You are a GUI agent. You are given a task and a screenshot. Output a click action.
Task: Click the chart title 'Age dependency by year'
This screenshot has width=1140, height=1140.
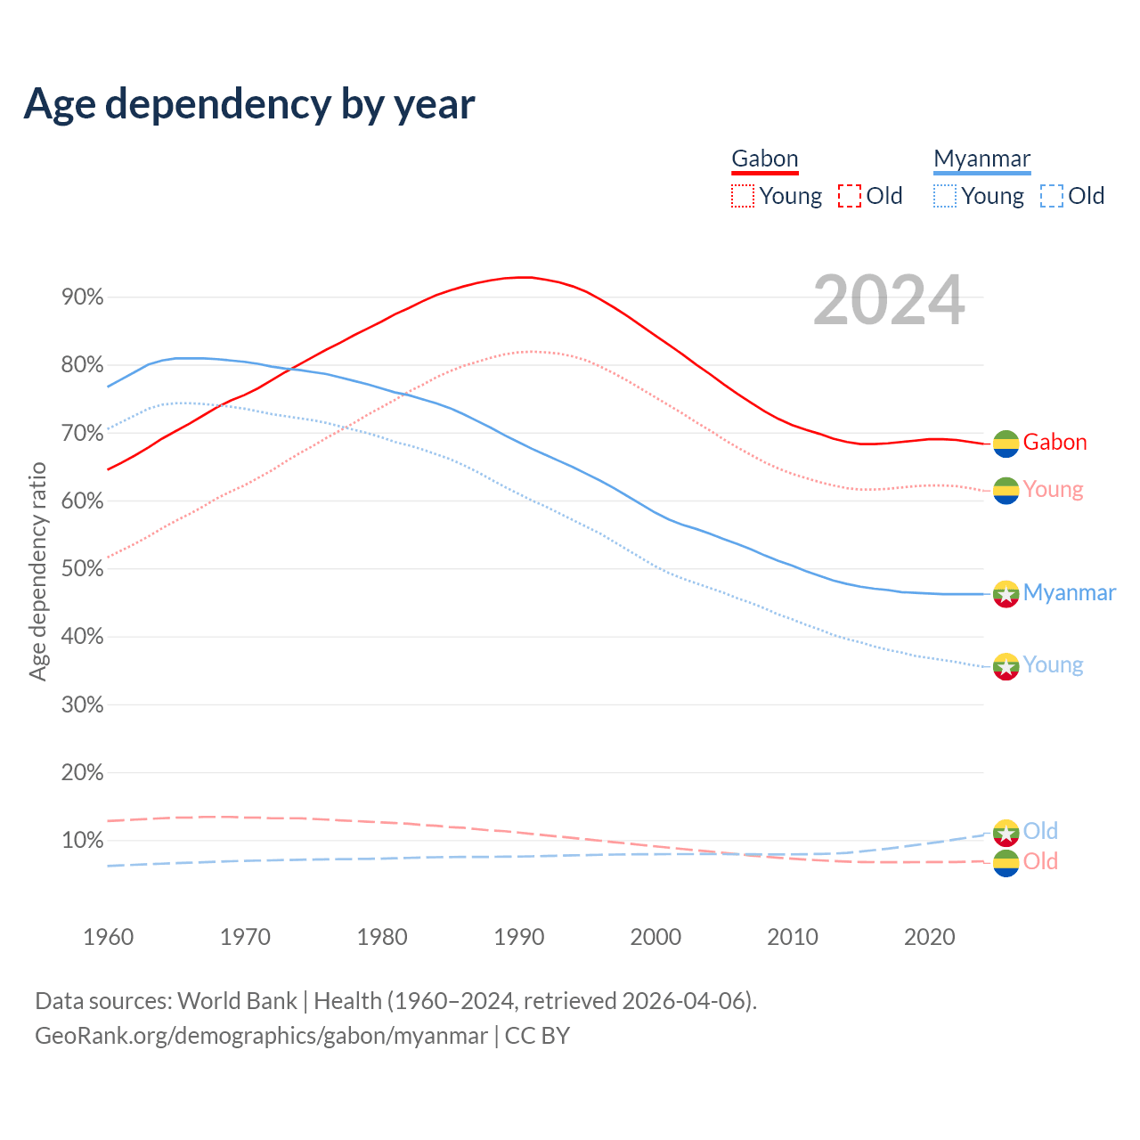(249, 103)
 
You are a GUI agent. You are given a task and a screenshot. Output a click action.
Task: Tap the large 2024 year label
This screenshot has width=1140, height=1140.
(889, 301)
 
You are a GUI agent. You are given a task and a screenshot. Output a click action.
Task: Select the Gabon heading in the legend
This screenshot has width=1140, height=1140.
(764, 159)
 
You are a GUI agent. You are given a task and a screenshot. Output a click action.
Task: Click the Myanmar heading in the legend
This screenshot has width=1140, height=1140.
(981, 159)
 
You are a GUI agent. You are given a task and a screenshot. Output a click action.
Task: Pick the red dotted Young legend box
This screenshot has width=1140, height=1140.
(743, 196)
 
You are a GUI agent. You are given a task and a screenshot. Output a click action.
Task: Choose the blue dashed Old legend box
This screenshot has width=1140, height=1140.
(1052, 196)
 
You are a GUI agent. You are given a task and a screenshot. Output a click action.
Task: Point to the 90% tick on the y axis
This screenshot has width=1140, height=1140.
(83, 297)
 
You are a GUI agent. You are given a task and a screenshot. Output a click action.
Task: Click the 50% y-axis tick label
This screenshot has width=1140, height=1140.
(83, 569)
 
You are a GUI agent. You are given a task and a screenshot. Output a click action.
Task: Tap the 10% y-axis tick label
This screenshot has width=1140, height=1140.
(83, 841)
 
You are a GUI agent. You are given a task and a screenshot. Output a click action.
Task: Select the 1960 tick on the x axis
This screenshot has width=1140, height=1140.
(108, 937)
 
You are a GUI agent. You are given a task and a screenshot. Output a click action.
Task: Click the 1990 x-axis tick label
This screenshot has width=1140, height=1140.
(519, 937)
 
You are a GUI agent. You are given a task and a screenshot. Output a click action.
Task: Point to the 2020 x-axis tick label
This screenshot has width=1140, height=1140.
(930, 937)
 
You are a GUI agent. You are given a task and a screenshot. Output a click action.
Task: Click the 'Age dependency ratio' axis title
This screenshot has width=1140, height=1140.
(37, 571)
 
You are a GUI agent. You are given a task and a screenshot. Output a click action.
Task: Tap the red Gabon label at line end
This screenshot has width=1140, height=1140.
(1054, 443)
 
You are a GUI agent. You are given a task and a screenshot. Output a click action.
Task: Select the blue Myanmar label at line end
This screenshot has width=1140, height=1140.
(1069, 593)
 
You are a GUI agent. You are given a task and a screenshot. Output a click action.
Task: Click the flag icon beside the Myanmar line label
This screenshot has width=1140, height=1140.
(1006, 594)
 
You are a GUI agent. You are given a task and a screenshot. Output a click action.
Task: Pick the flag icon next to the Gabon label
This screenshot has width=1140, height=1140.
(1006, 444)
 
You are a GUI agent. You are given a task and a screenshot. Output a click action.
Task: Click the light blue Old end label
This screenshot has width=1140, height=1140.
(1040, 831)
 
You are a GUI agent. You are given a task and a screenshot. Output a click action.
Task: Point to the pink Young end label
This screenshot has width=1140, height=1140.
(1053, 490)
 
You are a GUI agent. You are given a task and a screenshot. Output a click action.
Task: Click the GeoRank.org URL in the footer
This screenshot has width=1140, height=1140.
(261, 1036)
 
